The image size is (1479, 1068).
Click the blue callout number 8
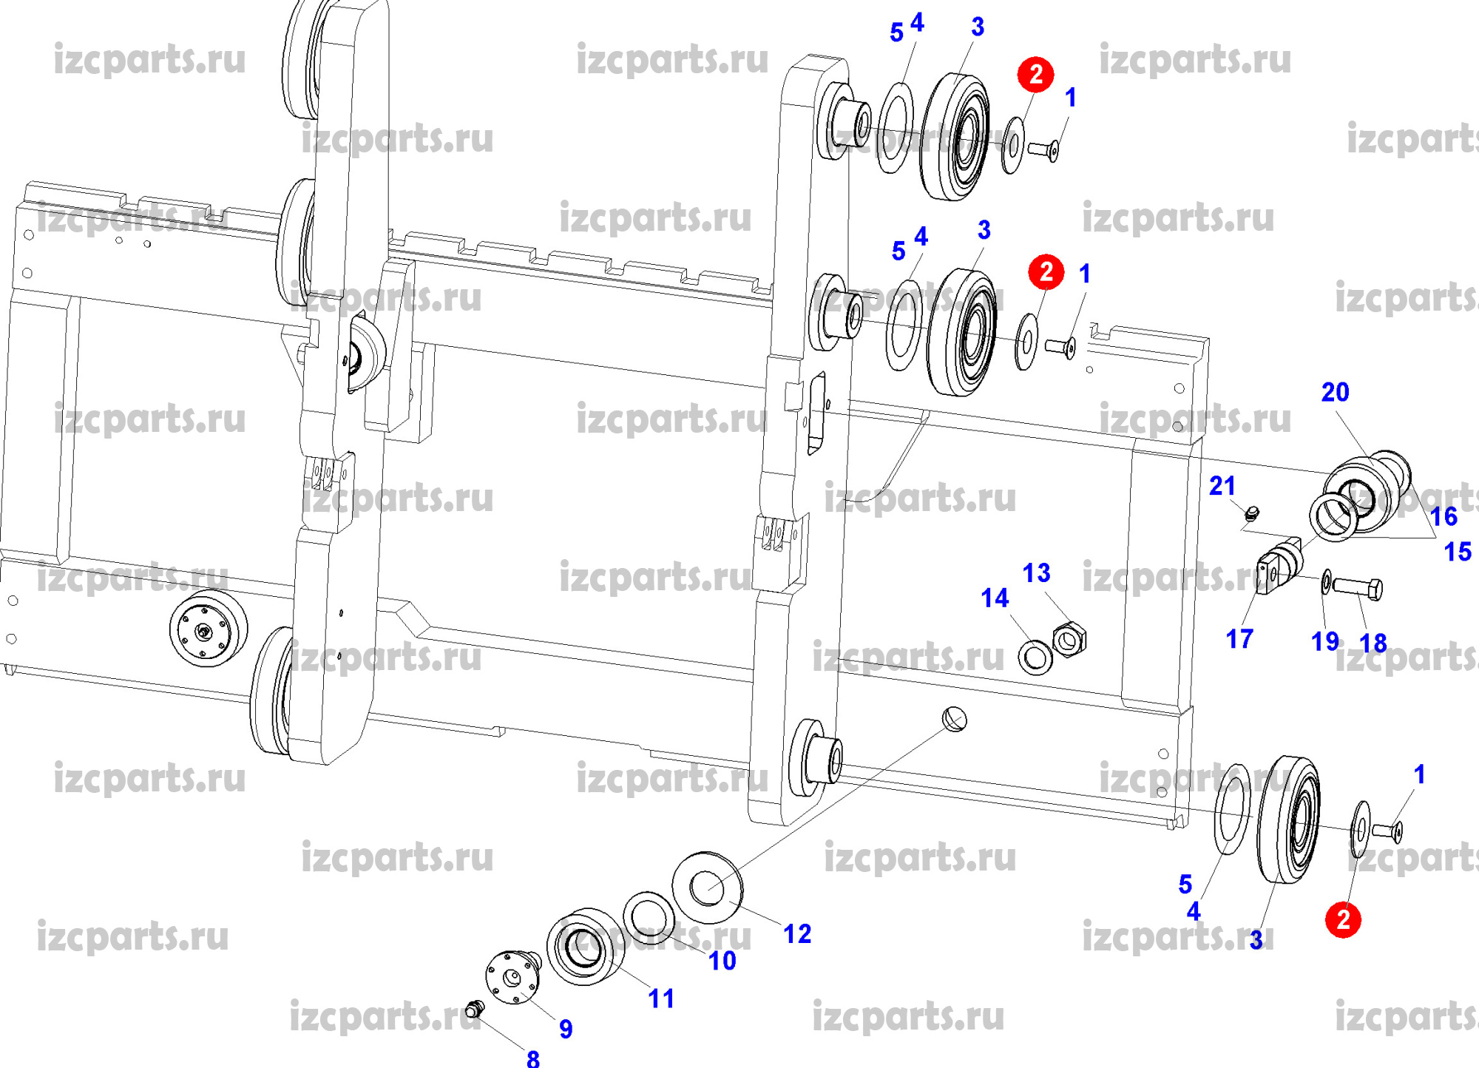pyautogui.click(x=533, y=1058)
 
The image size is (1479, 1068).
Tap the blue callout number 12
pyautogui.click(x=797, y=934)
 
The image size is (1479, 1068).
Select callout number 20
pyautogui.click(x=1335, y=392)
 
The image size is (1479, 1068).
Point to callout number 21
pyautogui.click(x=1222, y=486)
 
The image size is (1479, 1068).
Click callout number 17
pyautogui.click(x=1239, y=638)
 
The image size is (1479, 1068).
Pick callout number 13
pyautogui.click(x=1036, y=572)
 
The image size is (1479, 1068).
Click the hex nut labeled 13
pyautogui.click(x=1069, y=639)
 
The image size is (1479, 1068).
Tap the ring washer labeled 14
pyautogui.click(x=1035, y=657)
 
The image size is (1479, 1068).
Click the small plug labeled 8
pyautogui.click(x=475, y=1007)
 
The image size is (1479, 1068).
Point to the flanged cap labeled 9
pyautogui.click(x=512, y=977)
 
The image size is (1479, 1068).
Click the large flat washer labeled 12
pyautogui.click(x=708, y=887)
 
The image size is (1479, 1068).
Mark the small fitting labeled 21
pyautogui.click(x=1251, y=513)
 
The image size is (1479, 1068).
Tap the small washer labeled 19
pyautogui.click(x=1327, y=581)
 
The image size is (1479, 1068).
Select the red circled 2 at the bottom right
pyautogui.click(x=1343, y=920)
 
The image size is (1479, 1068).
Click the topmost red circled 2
pyautogui.click(x=1035, y=74)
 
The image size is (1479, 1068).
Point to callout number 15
pyautogui.click(x=1457, y=552)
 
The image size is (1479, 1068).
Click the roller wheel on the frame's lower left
pyautogui.click(x=207, y=630)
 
